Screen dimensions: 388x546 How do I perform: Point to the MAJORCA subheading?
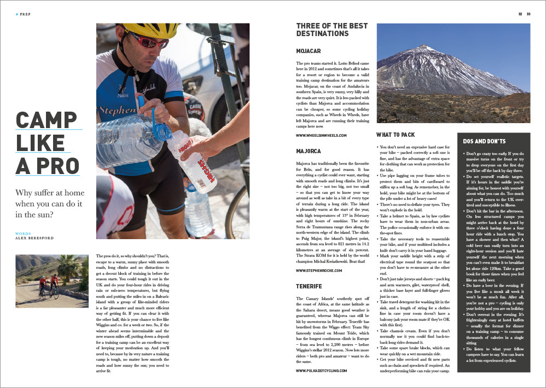308,150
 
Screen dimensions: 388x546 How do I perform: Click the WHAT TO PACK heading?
396,135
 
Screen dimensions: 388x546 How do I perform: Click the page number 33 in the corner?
528,14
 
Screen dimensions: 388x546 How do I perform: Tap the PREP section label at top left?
25,14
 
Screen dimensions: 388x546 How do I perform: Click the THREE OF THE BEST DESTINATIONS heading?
322,30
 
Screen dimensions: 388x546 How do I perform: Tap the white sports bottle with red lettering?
191,160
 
